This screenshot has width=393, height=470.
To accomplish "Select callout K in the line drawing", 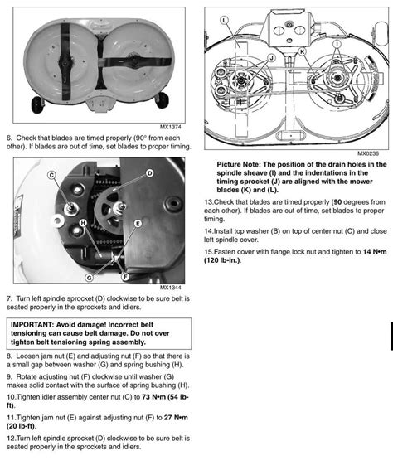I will pos(303,51).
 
